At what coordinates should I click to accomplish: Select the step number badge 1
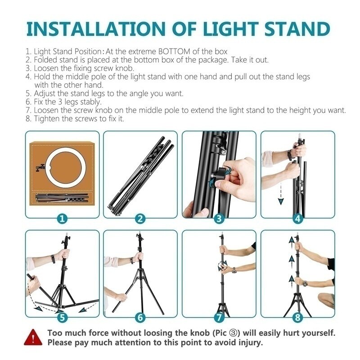pos(62,219)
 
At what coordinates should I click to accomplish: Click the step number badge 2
pos(140,219)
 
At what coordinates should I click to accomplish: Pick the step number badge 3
pos(219,219)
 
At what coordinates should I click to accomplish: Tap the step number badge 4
pos(297,219)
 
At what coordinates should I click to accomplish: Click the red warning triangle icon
pos(32,337)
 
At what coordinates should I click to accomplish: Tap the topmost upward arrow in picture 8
pos(290,243)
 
